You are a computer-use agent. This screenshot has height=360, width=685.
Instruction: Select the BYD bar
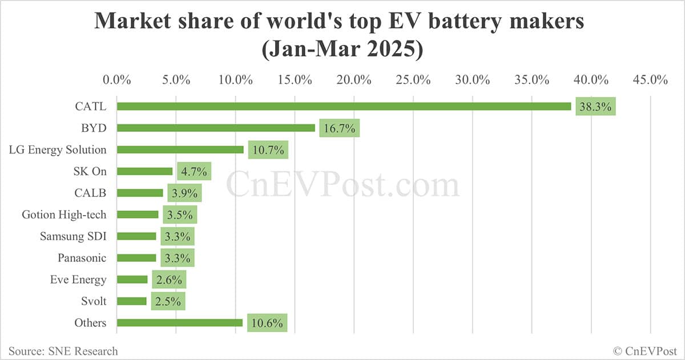pos(216,128)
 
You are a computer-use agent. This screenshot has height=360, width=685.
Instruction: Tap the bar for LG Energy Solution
pos(180,149)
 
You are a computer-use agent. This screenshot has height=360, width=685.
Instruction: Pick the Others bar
pos(180,323)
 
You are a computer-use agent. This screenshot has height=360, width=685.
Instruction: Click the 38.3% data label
pos(595,106)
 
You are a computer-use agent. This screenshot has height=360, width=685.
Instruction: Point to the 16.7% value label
pos(339,128)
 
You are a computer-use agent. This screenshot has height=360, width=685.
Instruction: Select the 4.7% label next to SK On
pos(194,172)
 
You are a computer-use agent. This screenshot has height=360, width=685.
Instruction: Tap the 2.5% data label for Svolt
pos(168,301)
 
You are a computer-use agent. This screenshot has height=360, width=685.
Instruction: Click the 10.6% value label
pos(267,323)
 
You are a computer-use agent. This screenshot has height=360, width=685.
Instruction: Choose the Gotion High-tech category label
pos(64,215)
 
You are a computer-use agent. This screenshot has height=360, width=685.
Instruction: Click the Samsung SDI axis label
pos(73,236)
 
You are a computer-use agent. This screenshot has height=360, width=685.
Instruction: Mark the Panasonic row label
pos(82,258)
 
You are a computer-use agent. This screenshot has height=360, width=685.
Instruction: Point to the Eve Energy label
pos(78,280)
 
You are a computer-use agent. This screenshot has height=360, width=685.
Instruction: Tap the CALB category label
pos(90,193)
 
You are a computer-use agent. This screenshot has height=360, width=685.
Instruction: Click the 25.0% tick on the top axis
pos(413,79)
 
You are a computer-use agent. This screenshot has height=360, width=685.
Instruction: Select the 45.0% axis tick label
pos(650,79)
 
